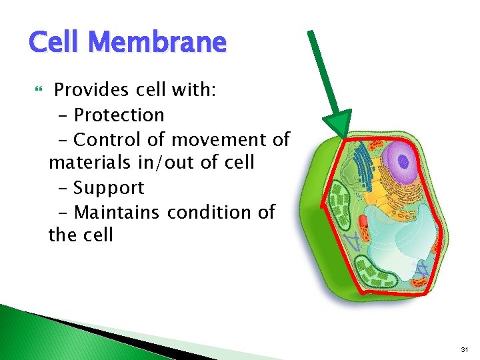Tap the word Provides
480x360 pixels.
click(92, 90)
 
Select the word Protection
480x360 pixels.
click(119, 115)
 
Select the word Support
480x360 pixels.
click(108, 188)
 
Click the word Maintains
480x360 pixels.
click(117, 212)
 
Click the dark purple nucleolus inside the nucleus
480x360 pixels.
click(403, 162)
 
